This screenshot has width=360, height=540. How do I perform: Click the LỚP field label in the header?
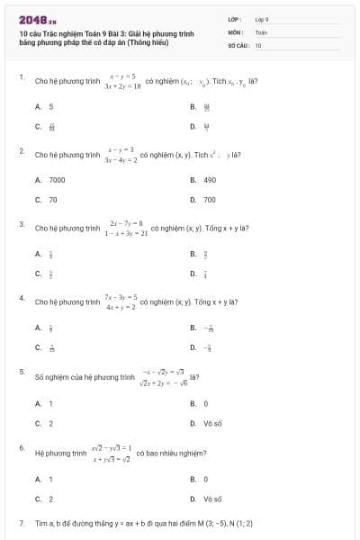coord(234,19)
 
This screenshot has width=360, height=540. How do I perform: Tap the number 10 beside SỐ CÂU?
coord(258,44)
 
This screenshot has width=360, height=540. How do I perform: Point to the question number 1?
coord(21,78)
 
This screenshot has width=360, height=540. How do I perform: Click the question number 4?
coord(21,297)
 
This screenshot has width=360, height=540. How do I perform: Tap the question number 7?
coord(21,523)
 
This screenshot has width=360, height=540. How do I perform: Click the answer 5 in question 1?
coord(51,106)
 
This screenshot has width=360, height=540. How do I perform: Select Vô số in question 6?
coord(212,498)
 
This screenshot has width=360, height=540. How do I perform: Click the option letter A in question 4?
coord(38,328)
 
